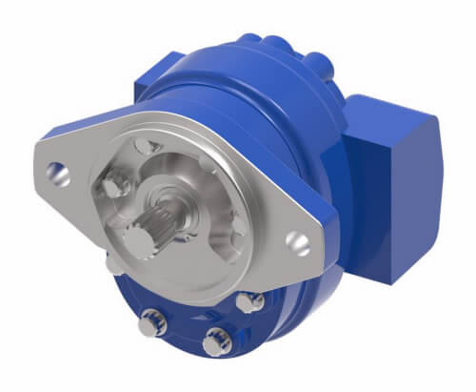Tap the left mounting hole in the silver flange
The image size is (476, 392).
tap(58, 174)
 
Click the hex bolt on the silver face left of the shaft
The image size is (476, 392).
tap(115, 185)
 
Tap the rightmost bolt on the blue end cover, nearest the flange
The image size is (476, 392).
tap(251, 301)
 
